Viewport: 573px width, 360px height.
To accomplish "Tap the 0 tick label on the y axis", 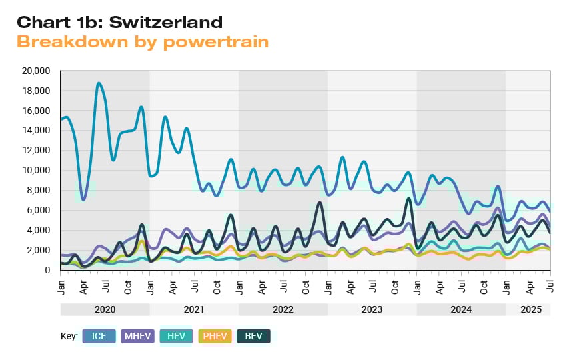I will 47,271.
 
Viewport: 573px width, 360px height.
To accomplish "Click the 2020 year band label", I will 105,310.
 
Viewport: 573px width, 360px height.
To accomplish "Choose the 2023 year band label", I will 372,310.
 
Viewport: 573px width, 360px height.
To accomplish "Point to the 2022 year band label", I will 283,310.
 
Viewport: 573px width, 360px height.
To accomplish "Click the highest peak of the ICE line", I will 99,83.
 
